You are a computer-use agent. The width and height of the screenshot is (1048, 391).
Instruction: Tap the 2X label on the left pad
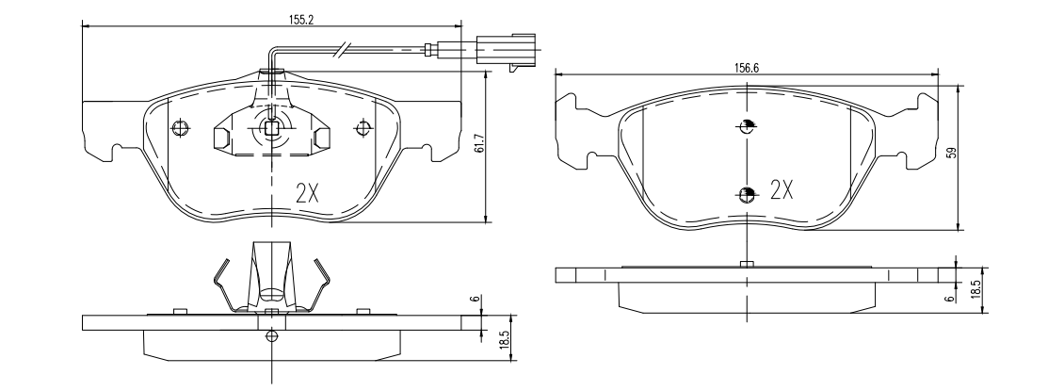(x=308, y=193)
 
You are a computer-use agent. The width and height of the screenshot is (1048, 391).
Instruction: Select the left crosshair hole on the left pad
(x=181, y=127)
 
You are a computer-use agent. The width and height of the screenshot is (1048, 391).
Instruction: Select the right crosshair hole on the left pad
(x=363, y=127)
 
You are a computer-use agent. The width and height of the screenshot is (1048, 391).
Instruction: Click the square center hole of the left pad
(x=271, y=130)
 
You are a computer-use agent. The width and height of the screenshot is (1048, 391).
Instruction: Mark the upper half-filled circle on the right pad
(x=747, y=127)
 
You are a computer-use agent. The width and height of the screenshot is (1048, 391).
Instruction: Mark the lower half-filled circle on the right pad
(x=747, y=194)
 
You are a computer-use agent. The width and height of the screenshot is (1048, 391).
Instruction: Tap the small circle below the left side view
(x=272, y=336)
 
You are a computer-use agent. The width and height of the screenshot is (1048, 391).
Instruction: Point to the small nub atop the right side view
(x=746, y=265)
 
